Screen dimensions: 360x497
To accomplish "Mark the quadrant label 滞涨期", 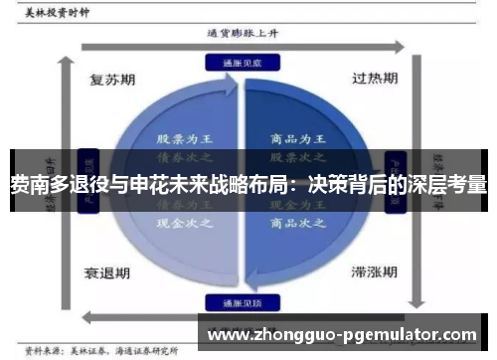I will pyautogui.click(x=374, y=270).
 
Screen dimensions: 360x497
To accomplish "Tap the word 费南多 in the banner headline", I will pyautogui.click(x=38, y=183).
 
